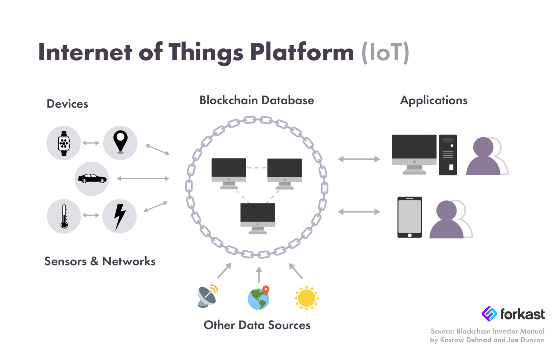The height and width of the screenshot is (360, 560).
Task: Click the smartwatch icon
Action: pos(64,143)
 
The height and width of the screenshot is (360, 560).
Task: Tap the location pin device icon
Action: pos(120,142)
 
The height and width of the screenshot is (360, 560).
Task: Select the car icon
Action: pos(92,179)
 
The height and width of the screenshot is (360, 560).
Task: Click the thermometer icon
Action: pos(64,216)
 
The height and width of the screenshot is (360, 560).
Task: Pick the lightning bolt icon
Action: pos(120,216)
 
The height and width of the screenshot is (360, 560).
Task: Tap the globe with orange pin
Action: pos(259,298)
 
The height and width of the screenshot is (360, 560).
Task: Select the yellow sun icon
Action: pos(306,298)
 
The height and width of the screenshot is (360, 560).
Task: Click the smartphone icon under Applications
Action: pos(409,217)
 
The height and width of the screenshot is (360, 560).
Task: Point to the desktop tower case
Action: pos(448,155)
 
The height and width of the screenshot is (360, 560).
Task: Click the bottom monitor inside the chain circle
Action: pos(257,218)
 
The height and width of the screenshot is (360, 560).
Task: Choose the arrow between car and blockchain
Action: pos(143,179)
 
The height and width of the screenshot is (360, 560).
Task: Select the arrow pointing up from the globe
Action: pos(259,274)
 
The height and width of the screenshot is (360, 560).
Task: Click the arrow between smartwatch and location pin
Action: pos(91,143)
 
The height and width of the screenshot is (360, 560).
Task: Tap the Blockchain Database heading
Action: pos(256,100)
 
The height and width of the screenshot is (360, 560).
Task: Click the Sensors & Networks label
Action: pos(100,261)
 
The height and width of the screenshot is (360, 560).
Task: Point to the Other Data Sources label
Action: pos(257,325)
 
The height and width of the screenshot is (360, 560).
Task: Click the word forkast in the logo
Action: pos(522,314)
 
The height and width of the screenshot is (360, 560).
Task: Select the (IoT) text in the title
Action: pos(385,52)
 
